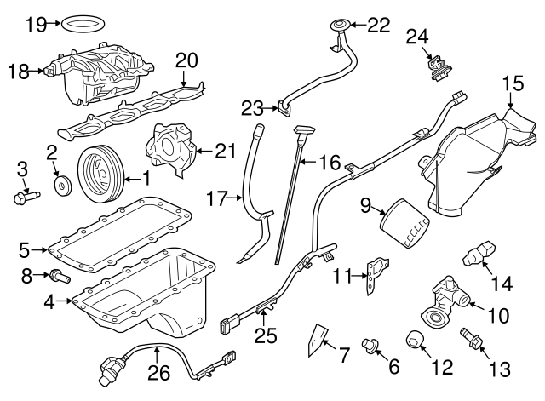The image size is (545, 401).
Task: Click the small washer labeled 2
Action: pos(60,184)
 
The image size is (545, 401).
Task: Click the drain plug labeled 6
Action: pos(371,344)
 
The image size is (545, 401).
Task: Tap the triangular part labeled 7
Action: pos(317,338)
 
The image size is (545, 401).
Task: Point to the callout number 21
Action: pos(224,151)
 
